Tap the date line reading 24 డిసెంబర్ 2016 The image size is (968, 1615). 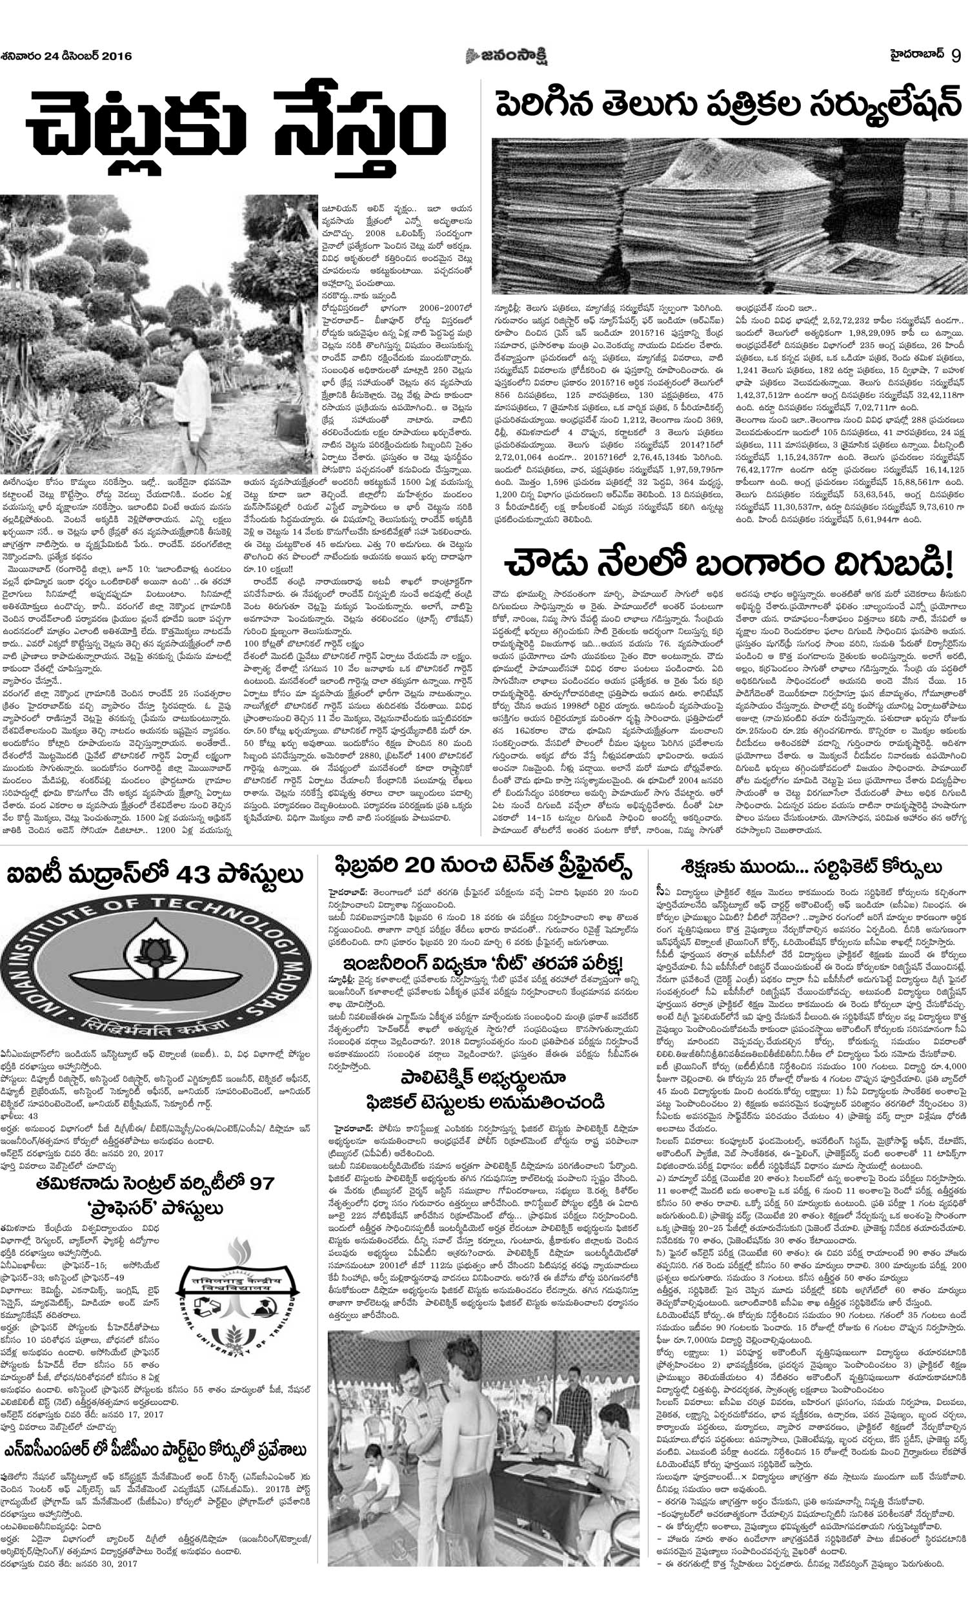[x=66, y=56]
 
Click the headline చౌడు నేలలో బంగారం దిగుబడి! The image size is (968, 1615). [x=729, y=562]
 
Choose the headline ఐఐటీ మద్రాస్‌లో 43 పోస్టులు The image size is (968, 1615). [x=156, y=875]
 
